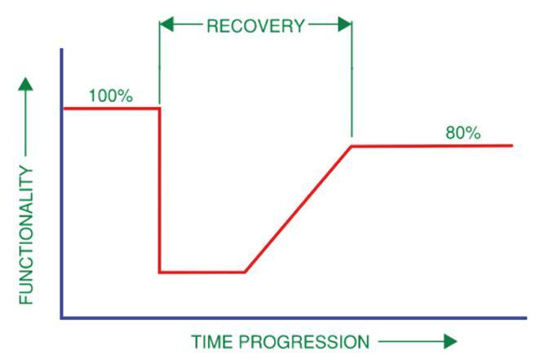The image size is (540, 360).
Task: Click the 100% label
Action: tap(110, 95)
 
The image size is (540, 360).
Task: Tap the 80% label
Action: tap(463, 132)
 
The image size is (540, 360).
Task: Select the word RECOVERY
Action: tap(255, 25)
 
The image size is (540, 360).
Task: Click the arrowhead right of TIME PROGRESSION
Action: tap(449, 341)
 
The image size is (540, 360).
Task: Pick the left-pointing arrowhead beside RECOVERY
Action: tap(166, 25)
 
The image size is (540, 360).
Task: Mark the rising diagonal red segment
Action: tap(298, 209)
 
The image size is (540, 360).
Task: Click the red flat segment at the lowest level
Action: tap(201, 272)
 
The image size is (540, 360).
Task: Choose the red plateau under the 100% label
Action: tap(110, 108)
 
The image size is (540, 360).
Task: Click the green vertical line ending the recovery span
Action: tap(352, 82)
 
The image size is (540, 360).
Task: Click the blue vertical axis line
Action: tap(61, 204)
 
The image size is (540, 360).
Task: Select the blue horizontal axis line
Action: tap(285, 318)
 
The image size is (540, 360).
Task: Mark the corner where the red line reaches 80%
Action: tap(352, 145)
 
